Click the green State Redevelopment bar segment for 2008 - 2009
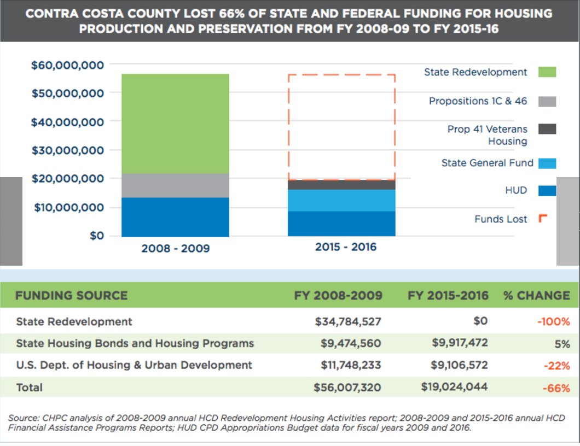point(175,124)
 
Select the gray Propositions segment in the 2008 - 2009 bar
point(175,185)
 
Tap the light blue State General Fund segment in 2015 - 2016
point(341,200)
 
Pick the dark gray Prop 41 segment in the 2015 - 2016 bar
point(341,185)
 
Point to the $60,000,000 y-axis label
point(67,66)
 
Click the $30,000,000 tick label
point(67,150)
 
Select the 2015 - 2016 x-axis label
point(346,247)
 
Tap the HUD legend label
point(516,190)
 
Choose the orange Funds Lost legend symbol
point(543,219)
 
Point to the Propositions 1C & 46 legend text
point(478,101)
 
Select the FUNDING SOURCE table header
point(71,296)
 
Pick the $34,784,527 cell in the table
point(348,321)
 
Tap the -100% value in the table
point(553,322)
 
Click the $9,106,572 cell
point(454,365)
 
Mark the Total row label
point(30,387)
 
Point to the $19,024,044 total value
point(454,387)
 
